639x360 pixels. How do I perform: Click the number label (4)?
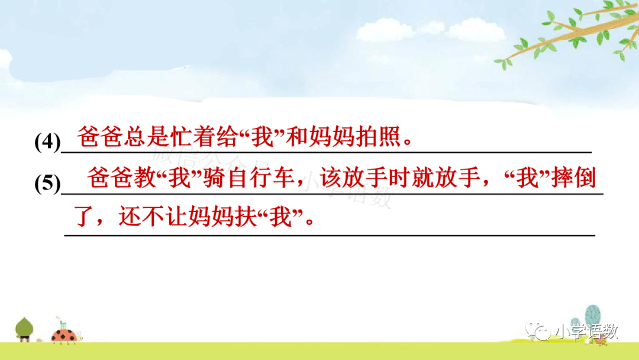click(48, 142)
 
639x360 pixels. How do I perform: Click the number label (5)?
click(48, 183)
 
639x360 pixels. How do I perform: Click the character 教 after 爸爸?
click(146, 178)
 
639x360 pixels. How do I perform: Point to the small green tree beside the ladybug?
click(24, 329)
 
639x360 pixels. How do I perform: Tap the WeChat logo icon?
click(538, 330)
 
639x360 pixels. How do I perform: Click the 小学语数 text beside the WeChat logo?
click(587, 332)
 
